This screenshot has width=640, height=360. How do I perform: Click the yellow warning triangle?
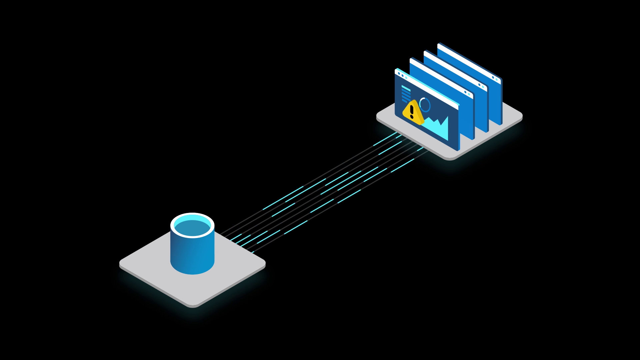point(413,112)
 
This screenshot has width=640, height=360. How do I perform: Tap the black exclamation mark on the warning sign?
point(412,111)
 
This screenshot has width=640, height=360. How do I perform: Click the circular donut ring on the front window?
point(425,105)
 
